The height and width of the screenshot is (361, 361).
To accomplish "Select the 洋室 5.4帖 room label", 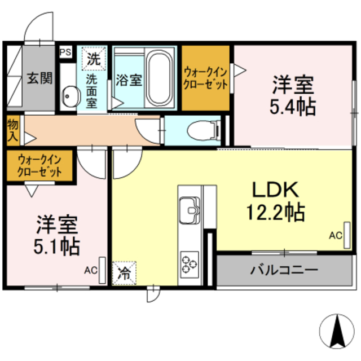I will point(293,95).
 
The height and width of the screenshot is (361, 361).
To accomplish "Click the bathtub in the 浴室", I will point(161,79).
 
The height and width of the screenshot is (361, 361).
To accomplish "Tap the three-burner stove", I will point(189,262).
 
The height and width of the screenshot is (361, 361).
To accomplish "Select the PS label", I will point(65,52).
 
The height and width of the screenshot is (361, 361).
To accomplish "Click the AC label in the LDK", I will point(335,236).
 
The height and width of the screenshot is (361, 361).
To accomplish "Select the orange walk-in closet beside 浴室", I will point(205,78).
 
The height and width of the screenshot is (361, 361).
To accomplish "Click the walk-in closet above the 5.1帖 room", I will point(39,166).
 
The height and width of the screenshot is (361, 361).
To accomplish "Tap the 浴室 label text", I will point(129,80).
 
